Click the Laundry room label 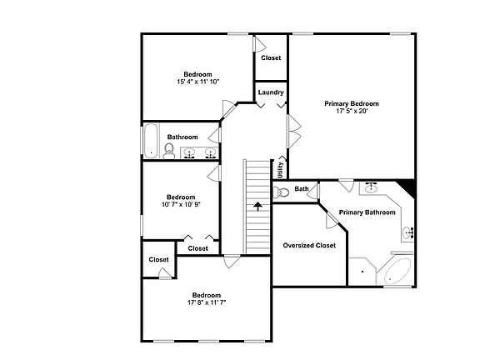point(271,92)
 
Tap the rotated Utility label point(281,170)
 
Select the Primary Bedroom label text point(352,103)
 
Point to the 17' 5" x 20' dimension point(352,111)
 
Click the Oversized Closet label point(309,246)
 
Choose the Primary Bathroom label point(367,212)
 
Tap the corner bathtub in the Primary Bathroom point(397,272)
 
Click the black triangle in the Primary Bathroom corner point(406,187)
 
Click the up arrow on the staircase point(258,205)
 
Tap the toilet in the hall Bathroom point(169,151)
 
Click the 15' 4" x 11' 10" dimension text point(198,82)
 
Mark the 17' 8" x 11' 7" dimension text point(207,302)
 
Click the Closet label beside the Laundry point(271,57)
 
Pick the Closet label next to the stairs point(198,248)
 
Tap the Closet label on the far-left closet point(158,260)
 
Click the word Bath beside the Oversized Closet point(301,189)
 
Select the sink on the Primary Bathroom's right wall point(407,232)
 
